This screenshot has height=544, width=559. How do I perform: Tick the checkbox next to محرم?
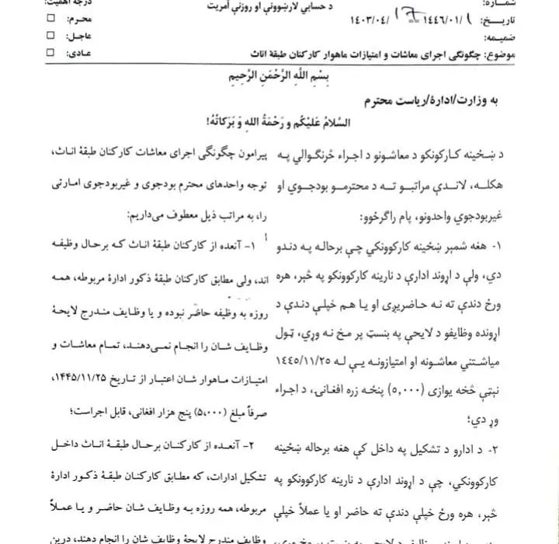(51, 16)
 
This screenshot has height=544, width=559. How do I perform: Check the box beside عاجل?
(51, 35)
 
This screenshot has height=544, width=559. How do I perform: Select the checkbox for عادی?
(51, 53)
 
